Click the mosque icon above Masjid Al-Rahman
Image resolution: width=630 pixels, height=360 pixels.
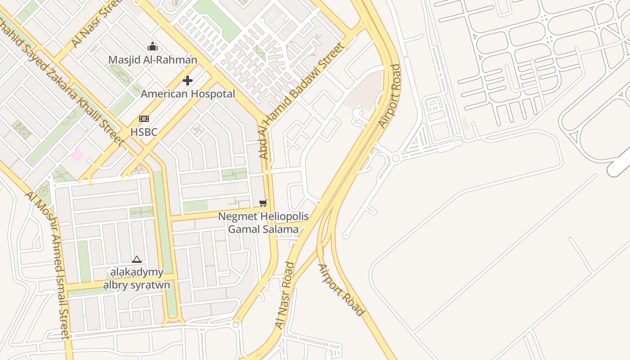click(153, 46)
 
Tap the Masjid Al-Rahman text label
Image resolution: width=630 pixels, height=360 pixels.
click(153, 60)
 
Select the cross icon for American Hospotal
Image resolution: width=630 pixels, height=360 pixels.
click(188, 81)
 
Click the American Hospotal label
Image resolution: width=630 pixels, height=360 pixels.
click(188, 94)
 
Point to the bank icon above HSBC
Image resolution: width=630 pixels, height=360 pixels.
click(144, 119)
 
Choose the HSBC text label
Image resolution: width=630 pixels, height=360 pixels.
click(144, 132)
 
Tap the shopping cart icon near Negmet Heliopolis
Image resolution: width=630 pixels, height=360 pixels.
click(263, 203)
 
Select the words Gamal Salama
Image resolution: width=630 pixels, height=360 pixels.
click(263, 229)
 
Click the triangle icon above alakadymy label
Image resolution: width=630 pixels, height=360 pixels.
click(137, 259)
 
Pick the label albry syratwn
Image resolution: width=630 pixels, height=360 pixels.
click(137, 285)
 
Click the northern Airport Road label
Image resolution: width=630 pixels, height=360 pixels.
click(389, 96)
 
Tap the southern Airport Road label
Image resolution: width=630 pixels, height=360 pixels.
click(341, 290)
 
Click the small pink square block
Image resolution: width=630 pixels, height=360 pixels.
click(77, 155)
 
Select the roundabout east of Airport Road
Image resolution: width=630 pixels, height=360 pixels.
click(396, 158)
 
